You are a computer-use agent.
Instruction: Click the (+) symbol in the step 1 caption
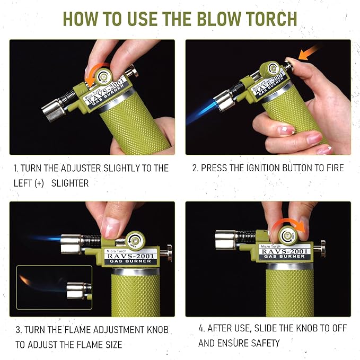pos(39,183)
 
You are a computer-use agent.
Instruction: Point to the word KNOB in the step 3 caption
pos(157,330)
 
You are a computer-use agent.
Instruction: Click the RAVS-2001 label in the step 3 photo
pos(130,256)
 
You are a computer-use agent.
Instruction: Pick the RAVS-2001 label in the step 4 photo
pos(285,251)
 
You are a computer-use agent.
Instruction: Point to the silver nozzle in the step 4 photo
pos(226,240)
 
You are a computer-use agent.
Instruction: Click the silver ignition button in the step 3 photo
pos(166,253)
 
